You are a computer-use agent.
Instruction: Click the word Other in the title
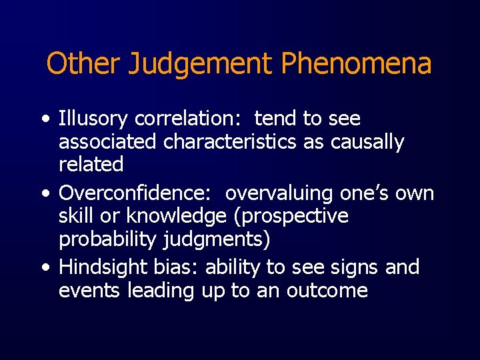(x=82, y=64)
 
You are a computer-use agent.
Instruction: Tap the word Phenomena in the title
(x=356, y=64)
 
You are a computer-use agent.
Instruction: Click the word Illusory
(x=93, y=120)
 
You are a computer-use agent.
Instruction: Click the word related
(x=91, y=164)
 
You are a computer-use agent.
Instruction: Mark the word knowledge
(x=175, y=217)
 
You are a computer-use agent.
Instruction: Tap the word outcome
(x=328, y=291)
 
